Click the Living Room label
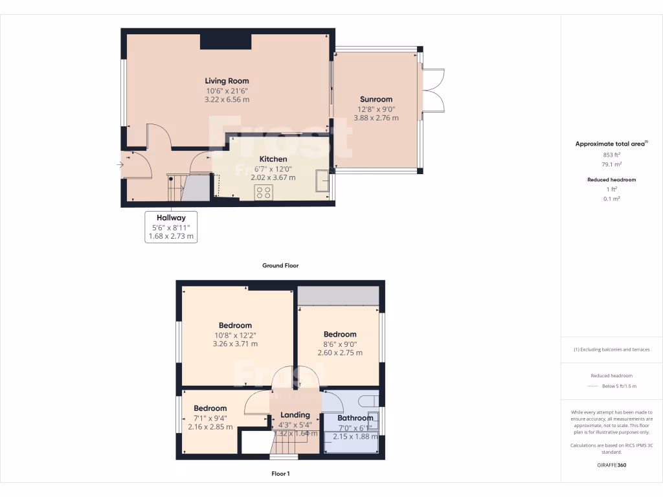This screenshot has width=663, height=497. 227,81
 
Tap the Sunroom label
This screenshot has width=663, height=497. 376,99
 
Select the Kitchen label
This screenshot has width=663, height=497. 273,159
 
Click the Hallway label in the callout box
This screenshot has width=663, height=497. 171,218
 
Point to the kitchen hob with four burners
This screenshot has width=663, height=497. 264,192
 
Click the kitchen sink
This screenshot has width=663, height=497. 322,181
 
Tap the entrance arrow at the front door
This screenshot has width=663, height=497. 120,165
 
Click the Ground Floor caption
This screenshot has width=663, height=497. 280,265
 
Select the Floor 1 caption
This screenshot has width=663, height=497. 280,474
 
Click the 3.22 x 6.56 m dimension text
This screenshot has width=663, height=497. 227,100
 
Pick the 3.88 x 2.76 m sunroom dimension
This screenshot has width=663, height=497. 376,118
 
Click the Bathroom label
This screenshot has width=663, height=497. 355,418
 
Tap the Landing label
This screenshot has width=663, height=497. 295,415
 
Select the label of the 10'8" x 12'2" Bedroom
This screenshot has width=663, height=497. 235,326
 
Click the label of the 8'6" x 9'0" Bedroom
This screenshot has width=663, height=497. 340,335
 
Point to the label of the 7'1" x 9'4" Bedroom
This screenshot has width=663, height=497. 210,408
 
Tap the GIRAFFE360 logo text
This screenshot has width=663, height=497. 612,465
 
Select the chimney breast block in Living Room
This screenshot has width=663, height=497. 225,41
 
